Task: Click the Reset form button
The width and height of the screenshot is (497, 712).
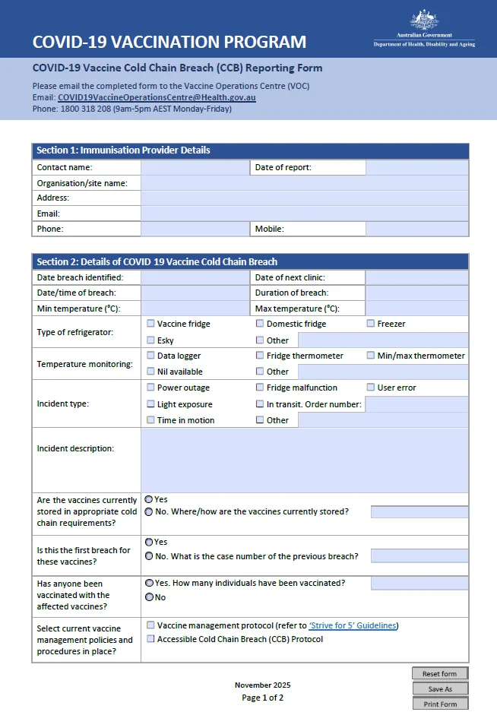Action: [x=440, y=674]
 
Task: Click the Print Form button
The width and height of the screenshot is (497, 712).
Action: [x=440, y=704]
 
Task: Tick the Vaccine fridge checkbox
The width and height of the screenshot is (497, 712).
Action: [x=150, y=324]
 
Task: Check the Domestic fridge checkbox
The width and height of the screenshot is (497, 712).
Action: [x=260, y=324]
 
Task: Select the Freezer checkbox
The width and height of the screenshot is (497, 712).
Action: [x=371, y=324]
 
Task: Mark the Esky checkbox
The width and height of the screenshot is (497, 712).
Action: [x=150, y=340]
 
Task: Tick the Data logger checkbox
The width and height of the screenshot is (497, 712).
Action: [x=150, y=356]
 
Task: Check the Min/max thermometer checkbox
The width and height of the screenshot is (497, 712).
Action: [x=371, y=356]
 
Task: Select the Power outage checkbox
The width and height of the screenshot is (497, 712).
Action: [x=150, y=388]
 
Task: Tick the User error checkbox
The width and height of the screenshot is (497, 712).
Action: [x=371, y=388]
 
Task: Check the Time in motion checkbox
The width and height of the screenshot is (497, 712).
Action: [x=150, y=420]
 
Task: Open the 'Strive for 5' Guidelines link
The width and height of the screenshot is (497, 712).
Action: [x=353, y=626]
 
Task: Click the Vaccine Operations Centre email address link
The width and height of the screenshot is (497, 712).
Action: [x=157, y=98]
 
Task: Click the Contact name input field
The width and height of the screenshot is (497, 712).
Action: [x=195, y=167]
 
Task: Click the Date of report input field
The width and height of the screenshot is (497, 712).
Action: [x=417, y=167]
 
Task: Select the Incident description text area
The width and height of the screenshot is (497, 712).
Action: [x=304, y=460]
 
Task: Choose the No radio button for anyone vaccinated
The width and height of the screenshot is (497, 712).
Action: [x=149, y=597]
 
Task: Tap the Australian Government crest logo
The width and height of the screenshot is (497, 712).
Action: [x=424, y=20]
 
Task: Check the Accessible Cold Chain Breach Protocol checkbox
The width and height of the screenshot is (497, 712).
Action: [x=150, y=639]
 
